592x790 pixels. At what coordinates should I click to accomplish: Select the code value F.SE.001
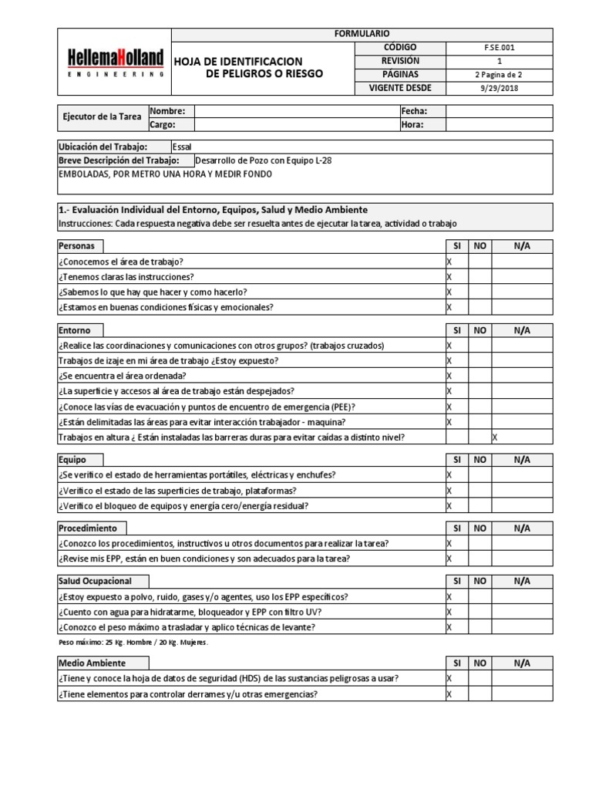coord(499,47)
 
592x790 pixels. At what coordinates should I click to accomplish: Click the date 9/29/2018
coord(499,88)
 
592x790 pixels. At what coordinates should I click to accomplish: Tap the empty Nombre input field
coord(296,111)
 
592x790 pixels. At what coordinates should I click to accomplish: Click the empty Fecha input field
coord(499,111)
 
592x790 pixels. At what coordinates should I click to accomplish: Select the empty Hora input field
coord(499,124)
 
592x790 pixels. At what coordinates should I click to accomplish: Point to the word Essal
coord(183,147)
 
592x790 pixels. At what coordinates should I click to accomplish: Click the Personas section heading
coord(77,246)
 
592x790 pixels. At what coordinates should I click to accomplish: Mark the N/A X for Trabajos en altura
coord(495,437)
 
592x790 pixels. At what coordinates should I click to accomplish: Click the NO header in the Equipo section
coord(480,460)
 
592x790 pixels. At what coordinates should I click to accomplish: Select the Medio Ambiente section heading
coord(92,663)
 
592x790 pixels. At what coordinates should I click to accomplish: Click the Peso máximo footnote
coord(133,642)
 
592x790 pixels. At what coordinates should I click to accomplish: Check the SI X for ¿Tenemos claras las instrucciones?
coord(449,277)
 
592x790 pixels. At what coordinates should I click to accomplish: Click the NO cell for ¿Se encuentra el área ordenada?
coord(480,376)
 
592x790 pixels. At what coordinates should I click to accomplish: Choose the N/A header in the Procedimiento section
coord(522,528)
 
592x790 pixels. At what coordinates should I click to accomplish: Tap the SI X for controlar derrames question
coord(449,694)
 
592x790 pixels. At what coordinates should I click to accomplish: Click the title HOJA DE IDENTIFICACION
coord(238,61)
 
